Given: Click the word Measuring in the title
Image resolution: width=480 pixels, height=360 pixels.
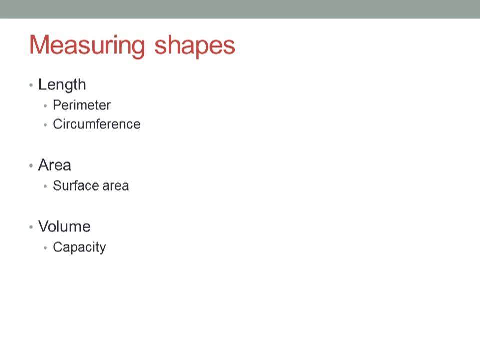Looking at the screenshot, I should pyautogui.click(x=87, y=45).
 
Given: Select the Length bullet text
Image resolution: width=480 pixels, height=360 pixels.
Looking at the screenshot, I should pyautogui.click(x=62, y=85).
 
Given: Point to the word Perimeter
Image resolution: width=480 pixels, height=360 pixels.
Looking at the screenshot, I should pyautogui.click(x=82, y=105).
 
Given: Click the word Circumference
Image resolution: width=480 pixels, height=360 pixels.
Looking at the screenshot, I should pyautogui.click(x=97, y=124).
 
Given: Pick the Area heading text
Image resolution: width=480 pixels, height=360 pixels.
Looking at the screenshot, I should pyautogui.click(x=54, y=165).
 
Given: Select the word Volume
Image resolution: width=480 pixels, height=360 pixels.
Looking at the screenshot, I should pyautogui.click(x=64, y=226).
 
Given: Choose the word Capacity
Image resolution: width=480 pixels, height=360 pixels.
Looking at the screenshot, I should pyautogui.click(x=79, y=247).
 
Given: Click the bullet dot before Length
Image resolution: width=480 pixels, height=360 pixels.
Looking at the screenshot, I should pyautogui.click(x=31, y=85).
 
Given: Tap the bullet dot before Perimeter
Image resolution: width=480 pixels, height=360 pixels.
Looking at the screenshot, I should pyautogui.click(x=46, y=106).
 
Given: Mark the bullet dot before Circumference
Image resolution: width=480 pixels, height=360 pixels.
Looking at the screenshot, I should pyautogui.click(x=46, y=125).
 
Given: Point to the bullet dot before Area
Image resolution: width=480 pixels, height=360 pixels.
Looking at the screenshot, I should pyautogui.click(x=31, y=166).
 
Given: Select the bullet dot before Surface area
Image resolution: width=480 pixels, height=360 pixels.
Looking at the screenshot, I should pyautogui.click(x=46, y=186).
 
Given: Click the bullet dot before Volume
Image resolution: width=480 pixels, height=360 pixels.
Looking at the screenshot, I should pyautogui.click(x=31, y=227).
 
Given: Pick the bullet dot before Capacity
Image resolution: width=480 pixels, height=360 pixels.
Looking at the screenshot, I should pyautogui.click(x=46, y=248).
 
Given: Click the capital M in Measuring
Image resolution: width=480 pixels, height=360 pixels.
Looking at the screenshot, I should pyautogui.click(x=40, y=45).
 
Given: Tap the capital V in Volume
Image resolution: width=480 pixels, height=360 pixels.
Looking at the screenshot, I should pyautogui.click(x=43, y=226).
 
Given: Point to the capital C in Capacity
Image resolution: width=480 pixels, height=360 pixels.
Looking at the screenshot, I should pyautogui.click(x=57, y=247).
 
